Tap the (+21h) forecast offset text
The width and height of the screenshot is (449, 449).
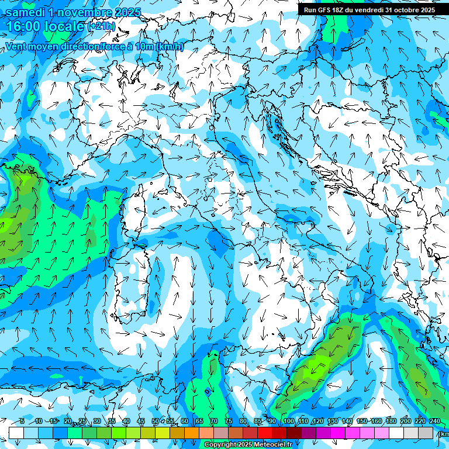101,27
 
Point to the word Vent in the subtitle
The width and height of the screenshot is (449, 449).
16,47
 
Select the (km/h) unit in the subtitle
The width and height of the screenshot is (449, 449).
170,47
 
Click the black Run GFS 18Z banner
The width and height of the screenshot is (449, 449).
369,10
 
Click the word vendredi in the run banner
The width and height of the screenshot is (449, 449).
365,10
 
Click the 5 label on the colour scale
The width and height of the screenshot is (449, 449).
22,422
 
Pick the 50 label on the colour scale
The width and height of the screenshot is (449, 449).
156,422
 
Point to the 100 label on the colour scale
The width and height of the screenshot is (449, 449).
288,422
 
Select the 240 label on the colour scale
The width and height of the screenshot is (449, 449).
434,422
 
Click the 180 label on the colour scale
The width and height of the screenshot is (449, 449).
391,422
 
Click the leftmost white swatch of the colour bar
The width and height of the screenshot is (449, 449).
16,433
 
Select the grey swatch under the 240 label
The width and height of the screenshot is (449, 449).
426,433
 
